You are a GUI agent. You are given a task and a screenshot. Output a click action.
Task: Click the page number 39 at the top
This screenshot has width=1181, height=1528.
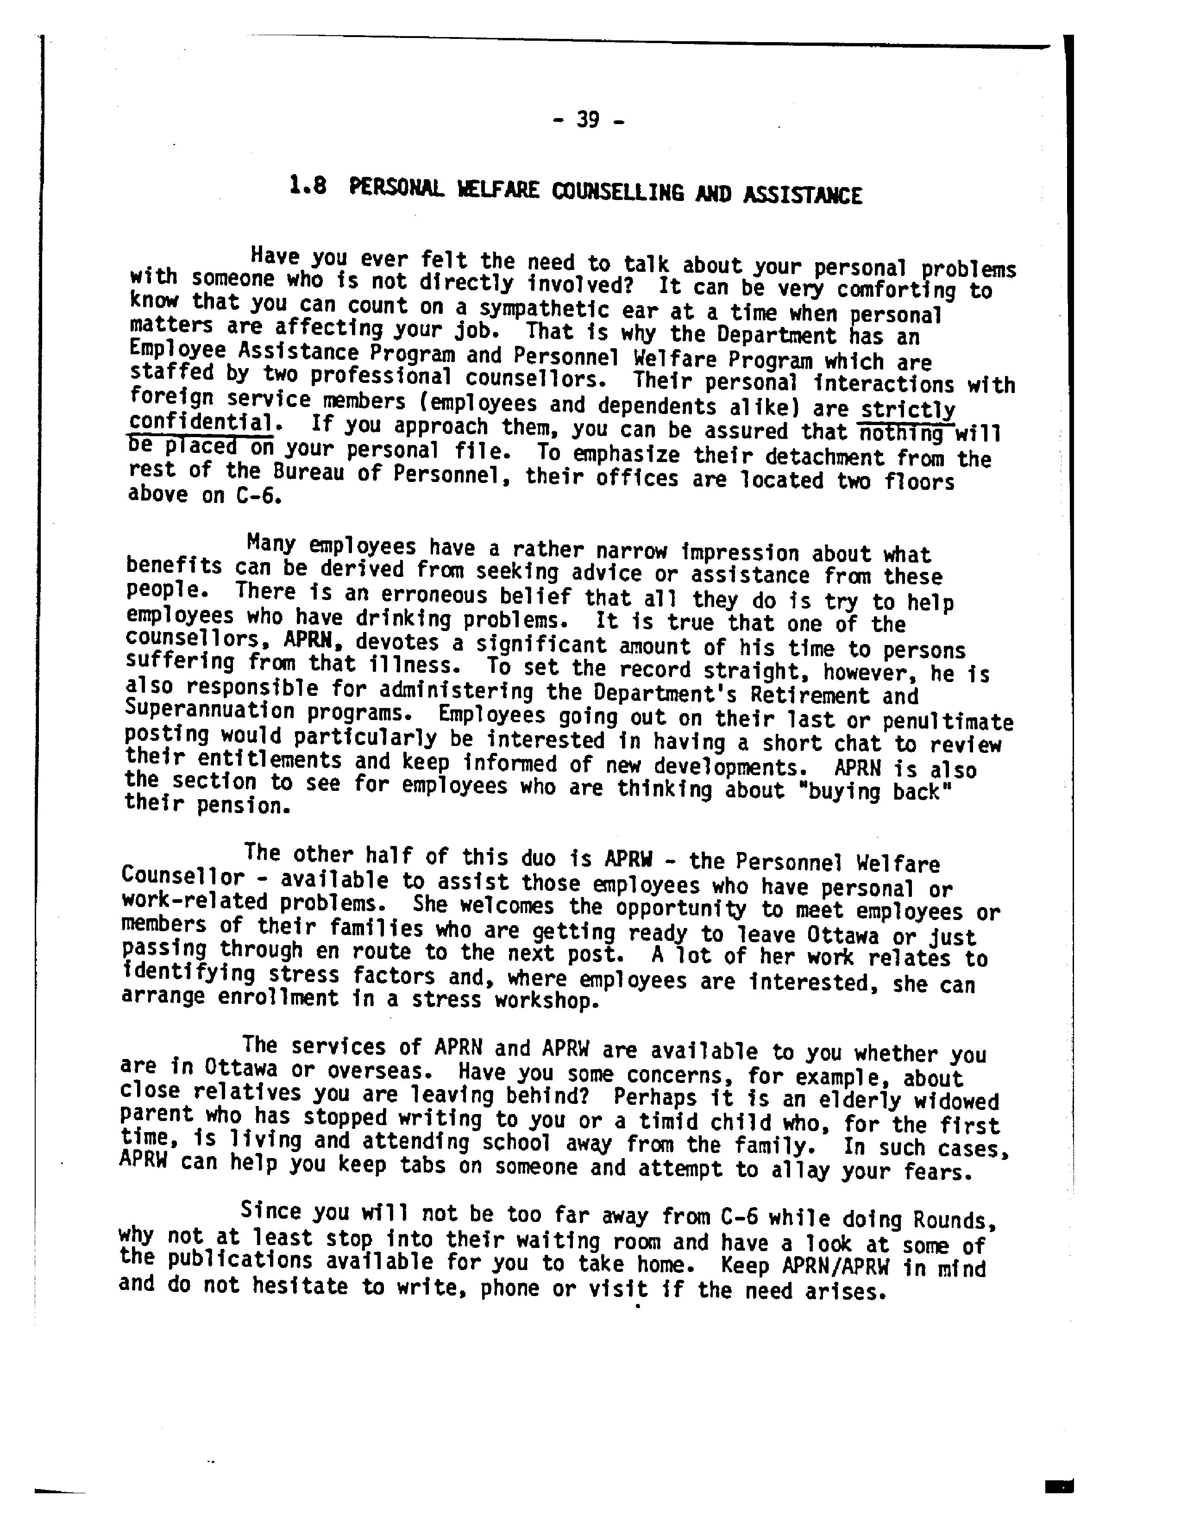point(588,120)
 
